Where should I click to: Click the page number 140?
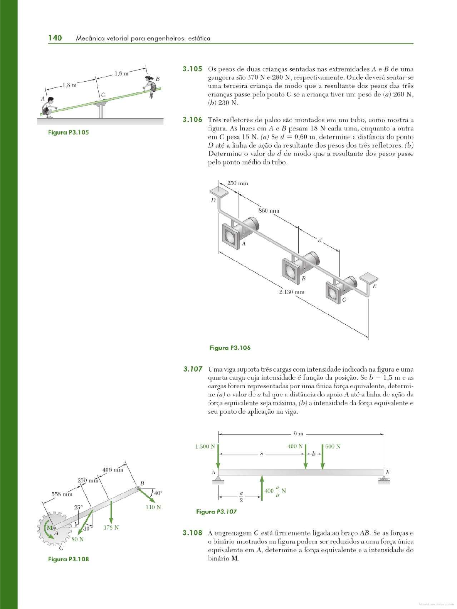[x=55, y=38]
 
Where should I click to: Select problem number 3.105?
[x=192, y=69]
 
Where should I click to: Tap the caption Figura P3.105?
[x=68, y=133]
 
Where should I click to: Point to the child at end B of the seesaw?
[x=150, y=87]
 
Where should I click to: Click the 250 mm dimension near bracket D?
[x=237, y=183]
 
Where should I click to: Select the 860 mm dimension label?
[x=269, y=211]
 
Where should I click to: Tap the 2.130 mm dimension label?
[x=292, y=292]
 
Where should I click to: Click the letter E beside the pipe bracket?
[x=374, y=286]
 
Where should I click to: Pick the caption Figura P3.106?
[x=230, y=348]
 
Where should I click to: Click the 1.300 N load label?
[x=205, y=447]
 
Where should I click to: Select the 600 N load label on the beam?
[x=333, y=447]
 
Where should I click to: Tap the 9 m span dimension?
[x=298, y=434]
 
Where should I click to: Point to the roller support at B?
[x=384, y=479]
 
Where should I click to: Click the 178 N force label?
[x=111, y=527]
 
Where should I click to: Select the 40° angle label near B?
[x=158, y=493]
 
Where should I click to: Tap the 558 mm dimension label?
[x=62, y=494]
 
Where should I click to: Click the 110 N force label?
[x=153, y=507]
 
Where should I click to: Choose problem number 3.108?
[x=192, y=533]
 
